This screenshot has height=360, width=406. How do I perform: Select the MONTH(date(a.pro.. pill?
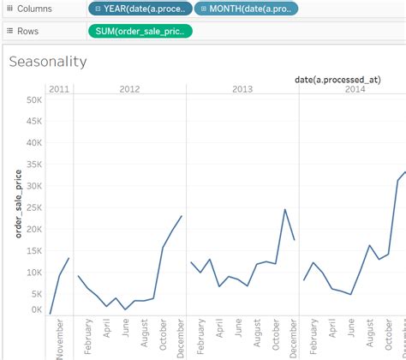[x=247, y=9]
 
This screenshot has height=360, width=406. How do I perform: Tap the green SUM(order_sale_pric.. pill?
[x=140, y=31]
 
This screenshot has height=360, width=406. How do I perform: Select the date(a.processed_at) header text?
[x=337, y=80]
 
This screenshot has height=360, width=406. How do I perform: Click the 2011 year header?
[x=59, y=89]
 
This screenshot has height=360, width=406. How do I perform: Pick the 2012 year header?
[x=129, y=89]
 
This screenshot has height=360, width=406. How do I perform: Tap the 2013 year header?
[x=242, y=89]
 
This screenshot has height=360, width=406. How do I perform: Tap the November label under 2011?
[x=59, y=339]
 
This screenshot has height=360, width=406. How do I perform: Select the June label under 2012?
[x=126, y=332]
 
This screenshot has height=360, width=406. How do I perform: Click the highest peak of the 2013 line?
[x=285, y=209]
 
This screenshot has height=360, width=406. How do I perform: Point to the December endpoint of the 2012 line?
[x=182, y=216]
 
